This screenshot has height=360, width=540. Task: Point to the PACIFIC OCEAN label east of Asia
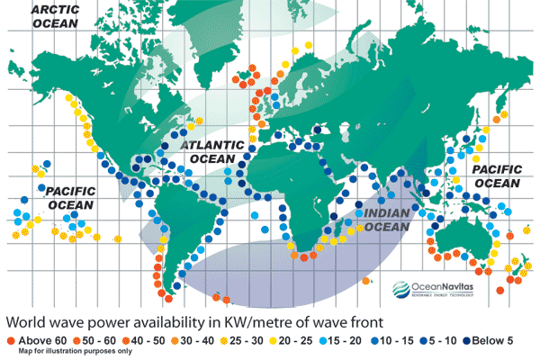[497, 175]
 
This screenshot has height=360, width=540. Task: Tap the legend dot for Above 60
[10, 344]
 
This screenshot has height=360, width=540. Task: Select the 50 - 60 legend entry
[82, 344]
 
